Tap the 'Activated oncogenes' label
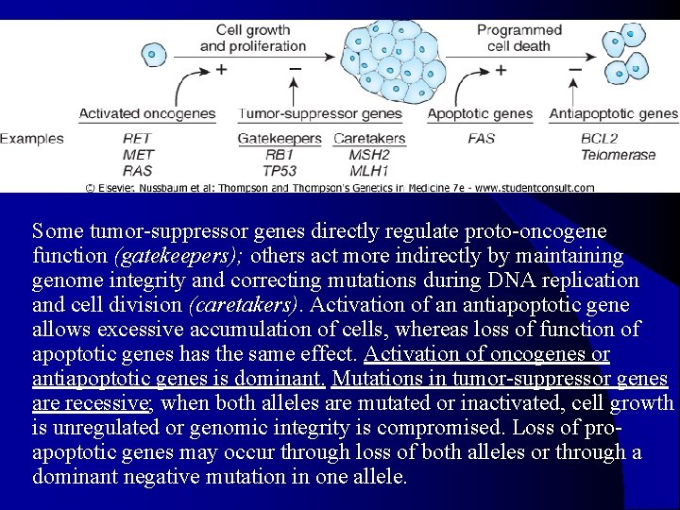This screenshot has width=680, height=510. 147,114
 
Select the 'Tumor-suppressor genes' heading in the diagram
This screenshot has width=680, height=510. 320,114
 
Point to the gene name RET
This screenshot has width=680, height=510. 137,139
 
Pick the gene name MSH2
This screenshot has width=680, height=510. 369,155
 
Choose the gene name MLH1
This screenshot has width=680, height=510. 369,171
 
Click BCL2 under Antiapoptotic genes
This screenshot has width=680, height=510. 600,139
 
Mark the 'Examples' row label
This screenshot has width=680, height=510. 32,139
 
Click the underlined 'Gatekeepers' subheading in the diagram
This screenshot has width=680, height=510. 280,139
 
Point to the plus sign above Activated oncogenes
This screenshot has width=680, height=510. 221,69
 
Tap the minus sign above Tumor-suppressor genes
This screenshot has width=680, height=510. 295,69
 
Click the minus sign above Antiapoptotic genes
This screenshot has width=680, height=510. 575,69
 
